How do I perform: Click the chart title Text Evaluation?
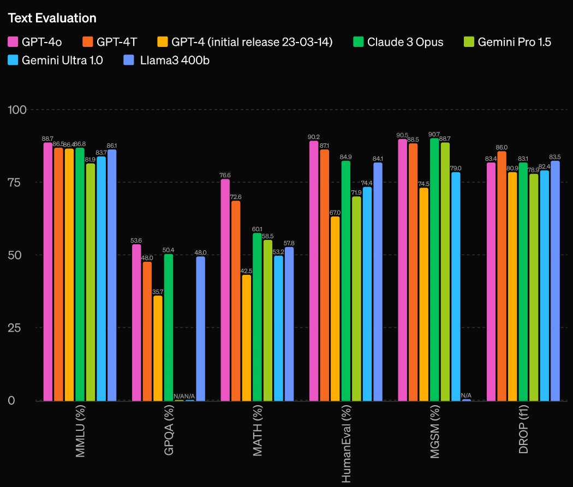click(x=52, y=18)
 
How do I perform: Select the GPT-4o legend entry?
click(x=35, y=42)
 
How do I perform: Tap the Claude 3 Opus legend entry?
click(x=398, y=42)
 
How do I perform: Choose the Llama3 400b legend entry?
click(x=166, y=60)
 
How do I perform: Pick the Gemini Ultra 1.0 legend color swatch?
click(x=13, y=60)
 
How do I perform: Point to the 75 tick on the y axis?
click(x=14, y=182)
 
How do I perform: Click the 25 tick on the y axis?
click(x=14, y=327)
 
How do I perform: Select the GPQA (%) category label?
click(x=169, y=430)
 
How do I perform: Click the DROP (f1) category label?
click(x=523, y=429)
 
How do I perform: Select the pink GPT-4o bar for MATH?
click(x=225, y=290)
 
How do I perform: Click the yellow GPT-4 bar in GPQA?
click(x=158, y=348)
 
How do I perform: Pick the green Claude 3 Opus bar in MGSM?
click(x=434, y=270)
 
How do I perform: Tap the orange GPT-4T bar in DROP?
click(x=502, y=276)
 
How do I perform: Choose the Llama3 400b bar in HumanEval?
click(x=378, y=282)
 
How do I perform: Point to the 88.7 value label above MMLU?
click(x=47, y=139)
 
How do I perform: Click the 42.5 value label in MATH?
click(x=246, y=271)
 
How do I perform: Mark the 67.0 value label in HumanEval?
click(x=335, y=213)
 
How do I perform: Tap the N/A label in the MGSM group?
click(x=466, y=395)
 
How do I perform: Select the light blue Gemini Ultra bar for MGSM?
click(x=456, y=286)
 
